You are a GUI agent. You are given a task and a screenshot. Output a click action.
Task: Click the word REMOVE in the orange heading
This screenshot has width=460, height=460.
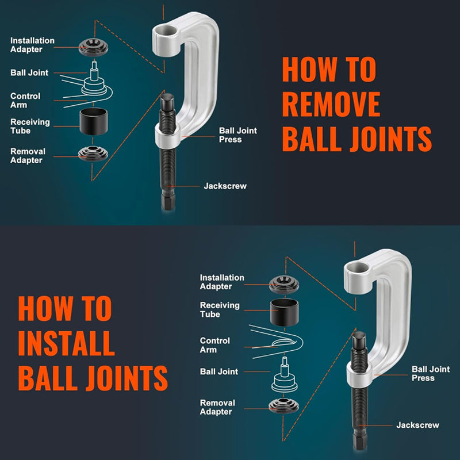point(331,104)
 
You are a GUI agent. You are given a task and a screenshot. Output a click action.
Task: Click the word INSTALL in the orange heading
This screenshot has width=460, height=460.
point(66,343)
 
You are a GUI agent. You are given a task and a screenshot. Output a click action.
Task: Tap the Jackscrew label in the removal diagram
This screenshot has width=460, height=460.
point(225,186)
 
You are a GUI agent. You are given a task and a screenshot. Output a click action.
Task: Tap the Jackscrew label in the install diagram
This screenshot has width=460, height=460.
point(417,425)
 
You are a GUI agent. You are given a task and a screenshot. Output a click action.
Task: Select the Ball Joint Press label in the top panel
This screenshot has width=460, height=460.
point(238,135)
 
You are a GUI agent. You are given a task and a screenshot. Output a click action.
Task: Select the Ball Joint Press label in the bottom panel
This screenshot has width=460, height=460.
point(431,373)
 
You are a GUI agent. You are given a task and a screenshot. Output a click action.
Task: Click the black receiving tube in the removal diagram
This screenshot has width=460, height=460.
point(94,121)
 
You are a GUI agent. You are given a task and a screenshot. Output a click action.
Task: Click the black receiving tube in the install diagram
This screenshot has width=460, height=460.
point(284,312)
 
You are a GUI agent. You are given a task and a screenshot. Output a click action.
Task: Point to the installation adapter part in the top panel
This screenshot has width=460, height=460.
point(93,47)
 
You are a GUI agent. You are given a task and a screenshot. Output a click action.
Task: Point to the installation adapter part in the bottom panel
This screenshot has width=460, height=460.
point(284,285)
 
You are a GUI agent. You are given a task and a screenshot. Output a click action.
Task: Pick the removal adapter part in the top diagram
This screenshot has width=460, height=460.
point(93,154)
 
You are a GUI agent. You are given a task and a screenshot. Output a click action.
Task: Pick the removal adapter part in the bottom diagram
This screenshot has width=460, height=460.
point(283,406)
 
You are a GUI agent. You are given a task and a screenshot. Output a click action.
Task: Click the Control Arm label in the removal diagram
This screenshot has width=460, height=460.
point(25,100)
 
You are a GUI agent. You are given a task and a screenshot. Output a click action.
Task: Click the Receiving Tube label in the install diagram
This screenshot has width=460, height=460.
point(220,310)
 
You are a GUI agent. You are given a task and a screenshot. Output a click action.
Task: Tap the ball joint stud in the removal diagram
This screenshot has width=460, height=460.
point(94,70)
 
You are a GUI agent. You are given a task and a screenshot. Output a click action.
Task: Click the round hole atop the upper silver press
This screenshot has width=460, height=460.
point(166,30)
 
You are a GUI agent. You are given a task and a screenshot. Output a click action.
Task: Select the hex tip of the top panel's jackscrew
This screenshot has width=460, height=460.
point(168,203)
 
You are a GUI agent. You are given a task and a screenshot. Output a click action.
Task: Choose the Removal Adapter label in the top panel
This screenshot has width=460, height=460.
point(28,156)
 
